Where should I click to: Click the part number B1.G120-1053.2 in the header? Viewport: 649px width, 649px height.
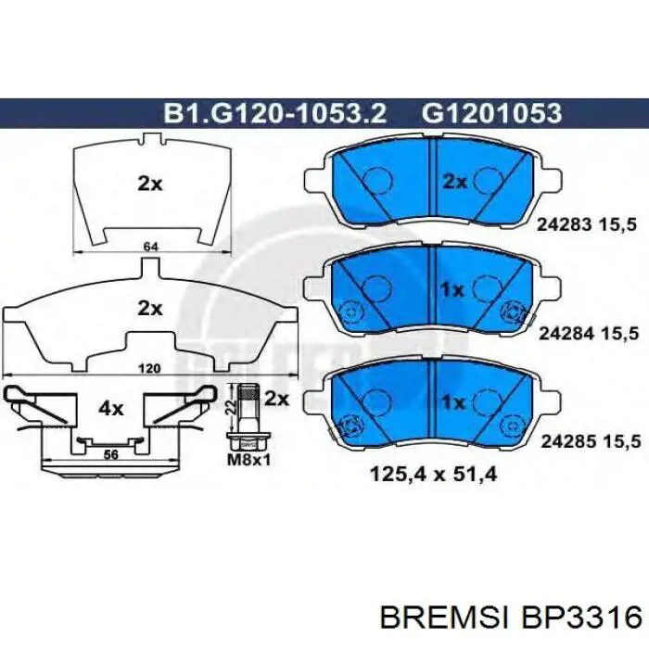click(275, 112)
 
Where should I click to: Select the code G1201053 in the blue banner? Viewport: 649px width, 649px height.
click(491, 112)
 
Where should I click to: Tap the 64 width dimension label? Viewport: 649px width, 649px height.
click(150, 247)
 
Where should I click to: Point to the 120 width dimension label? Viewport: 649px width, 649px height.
click(149, 368)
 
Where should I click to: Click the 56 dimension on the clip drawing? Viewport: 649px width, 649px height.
click(111, 455)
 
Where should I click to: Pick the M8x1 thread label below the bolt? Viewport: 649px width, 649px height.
click(249, 460)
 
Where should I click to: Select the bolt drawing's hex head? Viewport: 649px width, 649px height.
click(248, 441)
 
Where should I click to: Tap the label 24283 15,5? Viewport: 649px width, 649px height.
click(586, 225)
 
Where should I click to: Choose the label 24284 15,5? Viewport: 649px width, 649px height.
click(589, 334)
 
